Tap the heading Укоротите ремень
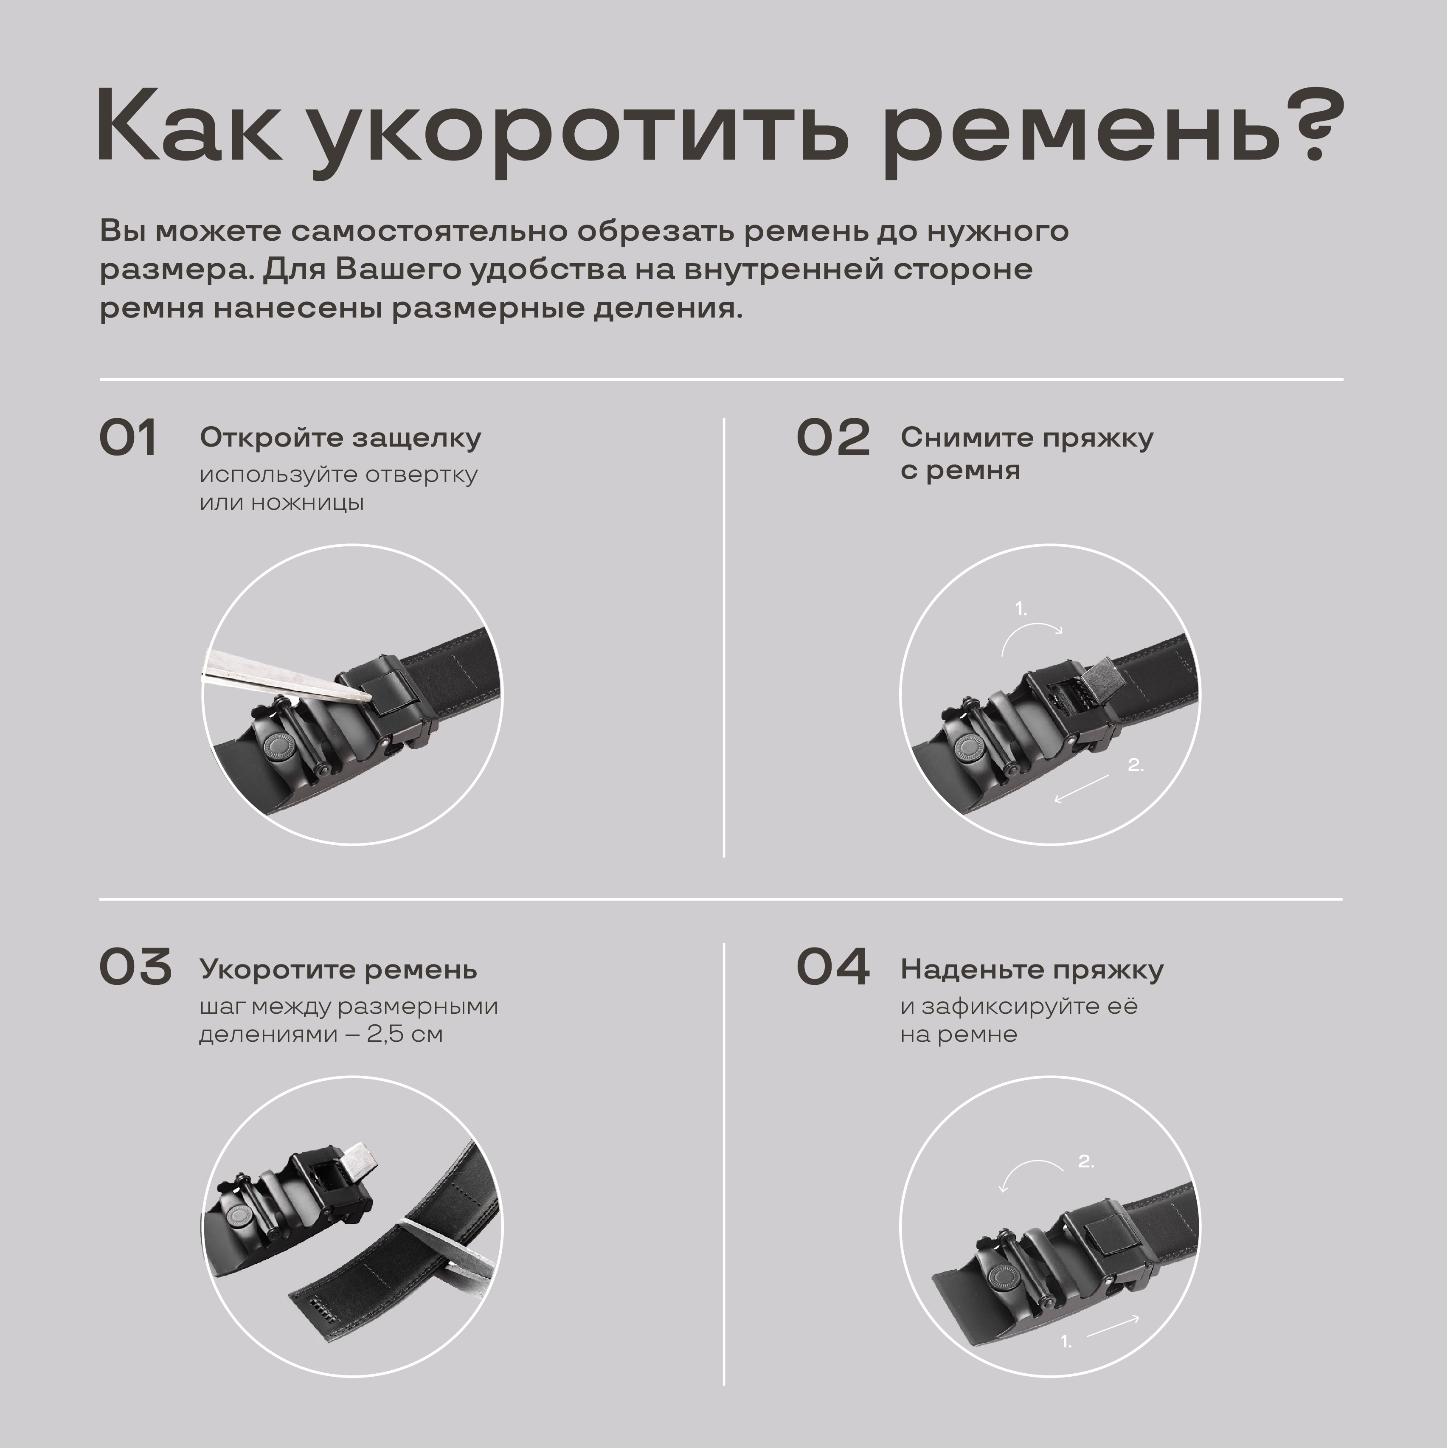(x=338, y=970)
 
